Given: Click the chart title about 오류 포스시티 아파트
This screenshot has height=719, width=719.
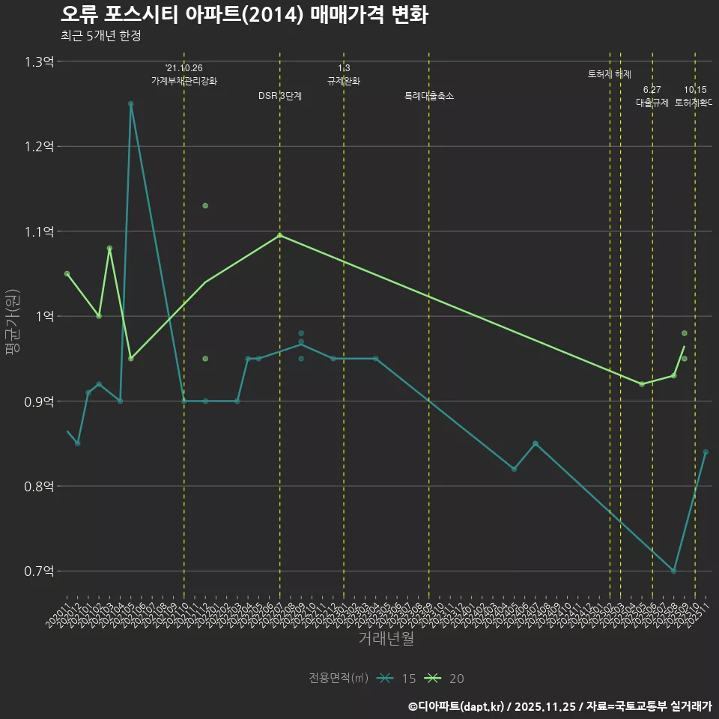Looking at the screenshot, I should pyautogui.click(x=244, y=15).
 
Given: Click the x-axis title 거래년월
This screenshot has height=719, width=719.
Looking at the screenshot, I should pyautogui.click(x=386, y=639).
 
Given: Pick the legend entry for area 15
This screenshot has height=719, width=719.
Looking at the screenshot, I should pyautogui.click(x=397, y=679).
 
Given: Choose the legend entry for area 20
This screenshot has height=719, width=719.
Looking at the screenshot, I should pyautogui.click(x=444, y=679).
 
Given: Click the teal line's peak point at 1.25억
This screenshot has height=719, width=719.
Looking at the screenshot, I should pyautogui.click(x=131, y=103).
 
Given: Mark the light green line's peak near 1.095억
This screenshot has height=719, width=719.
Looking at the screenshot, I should pyautogui.click(x=280, y=235).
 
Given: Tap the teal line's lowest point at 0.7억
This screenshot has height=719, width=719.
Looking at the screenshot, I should pyautogui.click(x=674, y=571).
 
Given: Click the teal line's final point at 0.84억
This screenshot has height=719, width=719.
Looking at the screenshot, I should pyautogui.click(x=706, y=452).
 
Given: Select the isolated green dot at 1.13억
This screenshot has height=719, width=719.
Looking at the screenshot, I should pyautogui.click(x=205, y=205).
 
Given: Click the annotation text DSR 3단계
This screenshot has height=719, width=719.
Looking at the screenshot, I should pyautogui.click(x=280, y=96).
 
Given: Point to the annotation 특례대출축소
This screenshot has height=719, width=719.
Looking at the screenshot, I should pyautogui.click(x=429, y=96).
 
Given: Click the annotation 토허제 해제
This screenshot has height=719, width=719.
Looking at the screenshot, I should pyautogui.click(x=610, y=74).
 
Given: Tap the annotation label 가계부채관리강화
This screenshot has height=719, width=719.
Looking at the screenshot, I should pyautogui.click(x=184, y=81).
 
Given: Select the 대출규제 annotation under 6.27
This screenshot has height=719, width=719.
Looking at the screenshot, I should pyautogui.click(x=652, y=103).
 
